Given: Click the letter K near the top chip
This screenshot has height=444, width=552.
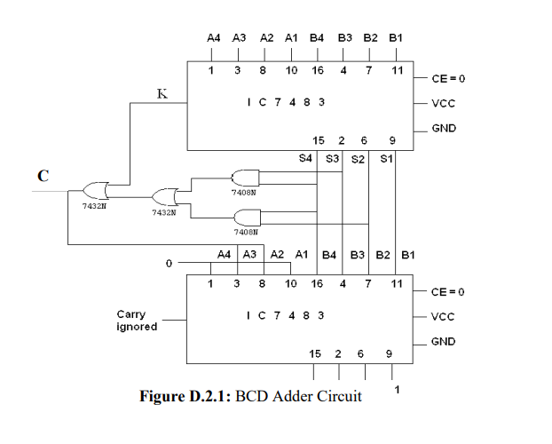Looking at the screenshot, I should click(x=162, y=93).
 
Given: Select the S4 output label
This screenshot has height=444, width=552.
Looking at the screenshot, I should click(x=305, y=159).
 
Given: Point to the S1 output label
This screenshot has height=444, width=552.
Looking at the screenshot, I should click(x=385, y=159).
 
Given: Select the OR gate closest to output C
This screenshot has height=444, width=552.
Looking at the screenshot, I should click(x=94, y=190).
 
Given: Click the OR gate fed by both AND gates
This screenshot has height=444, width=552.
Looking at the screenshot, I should click(x=165, y=196).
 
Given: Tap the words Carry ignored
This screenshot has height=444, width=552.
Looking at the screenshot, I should click(x=137, y=321).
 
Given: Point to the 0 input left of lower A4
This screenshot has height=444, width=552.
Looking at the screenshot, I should click(x=168, y=264).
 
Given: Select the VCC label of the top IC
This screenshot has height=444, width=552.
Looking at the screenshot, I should click(x=443, y=103).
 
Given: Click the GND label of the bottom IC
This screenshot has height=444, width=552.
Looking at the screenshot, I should click(x=443, y=342).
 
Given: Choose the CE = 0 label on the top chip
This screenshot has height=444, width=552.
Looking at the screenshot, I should click(x=448, y=78).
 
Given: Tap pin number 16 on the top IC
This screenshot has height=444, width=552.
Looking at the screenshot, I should click(x=317, y=69).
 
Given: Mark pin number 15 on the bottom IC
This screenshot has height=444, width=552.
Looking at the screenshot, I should click(x=315, y=353).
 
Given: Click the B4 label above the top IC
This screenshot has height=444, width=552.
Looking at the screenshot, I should click(x=317, y=38).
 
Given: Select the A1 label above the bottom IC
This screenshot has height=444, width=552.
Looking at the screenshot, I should click(x=302, y=254).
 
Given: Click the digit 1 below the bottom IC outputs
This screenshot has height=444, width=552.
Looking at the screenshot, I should click(x=397, y=389).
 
